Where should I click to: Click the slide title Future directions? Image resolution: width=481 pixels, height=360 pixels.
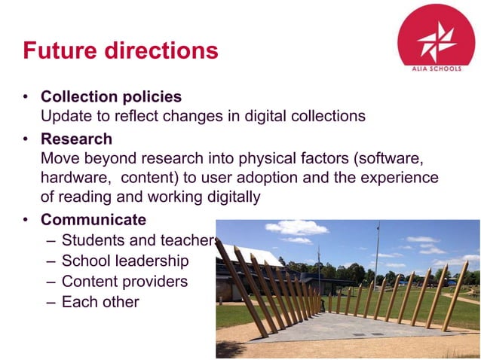click(x=121, y=50)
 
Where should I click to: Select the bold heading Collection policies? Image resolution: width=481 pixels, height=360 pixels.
click(x=111, y=97)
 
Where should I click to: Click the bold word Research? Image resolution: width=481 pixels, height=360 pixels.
click(x=76, y=139)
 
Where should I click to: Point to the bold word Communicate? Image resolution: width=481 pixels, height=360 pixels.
click(x=93, y=220)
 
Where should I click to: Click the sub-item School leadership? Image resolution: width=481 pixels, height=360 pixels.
click(x=125, y=261)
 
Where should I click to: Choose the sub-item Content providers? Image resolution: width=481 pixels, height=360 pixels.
click(x=124, y=282)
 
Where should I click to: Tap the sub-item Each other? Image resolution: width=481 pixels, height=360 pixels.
click(x=100, y=302)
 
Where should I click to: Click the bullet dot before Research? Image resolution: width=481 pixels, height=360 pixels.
click(x=26, y=140)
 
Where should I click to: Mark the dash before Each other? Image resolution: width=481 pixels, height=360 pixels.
click(x=50, y=302)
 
